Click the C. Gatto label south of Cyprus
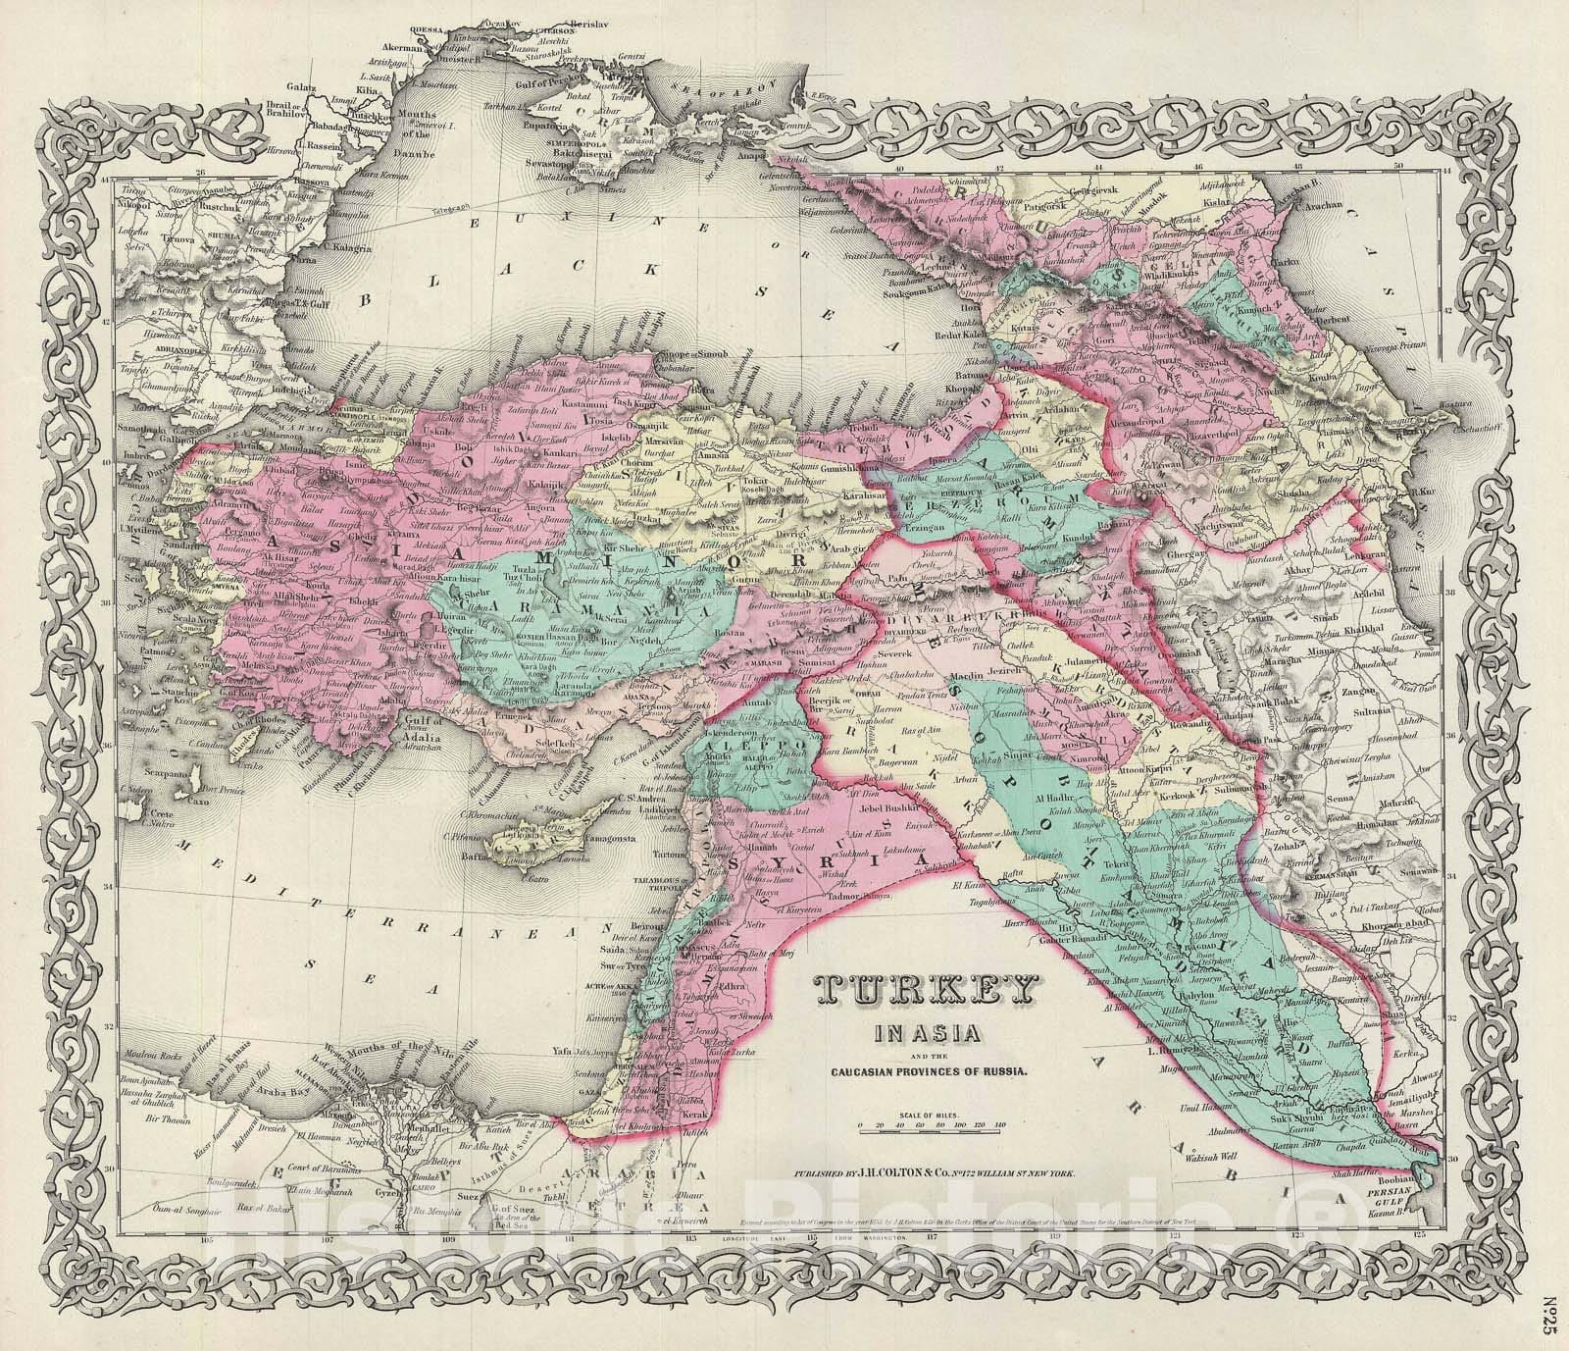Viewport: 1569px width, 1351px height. [x=537, y=877]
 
